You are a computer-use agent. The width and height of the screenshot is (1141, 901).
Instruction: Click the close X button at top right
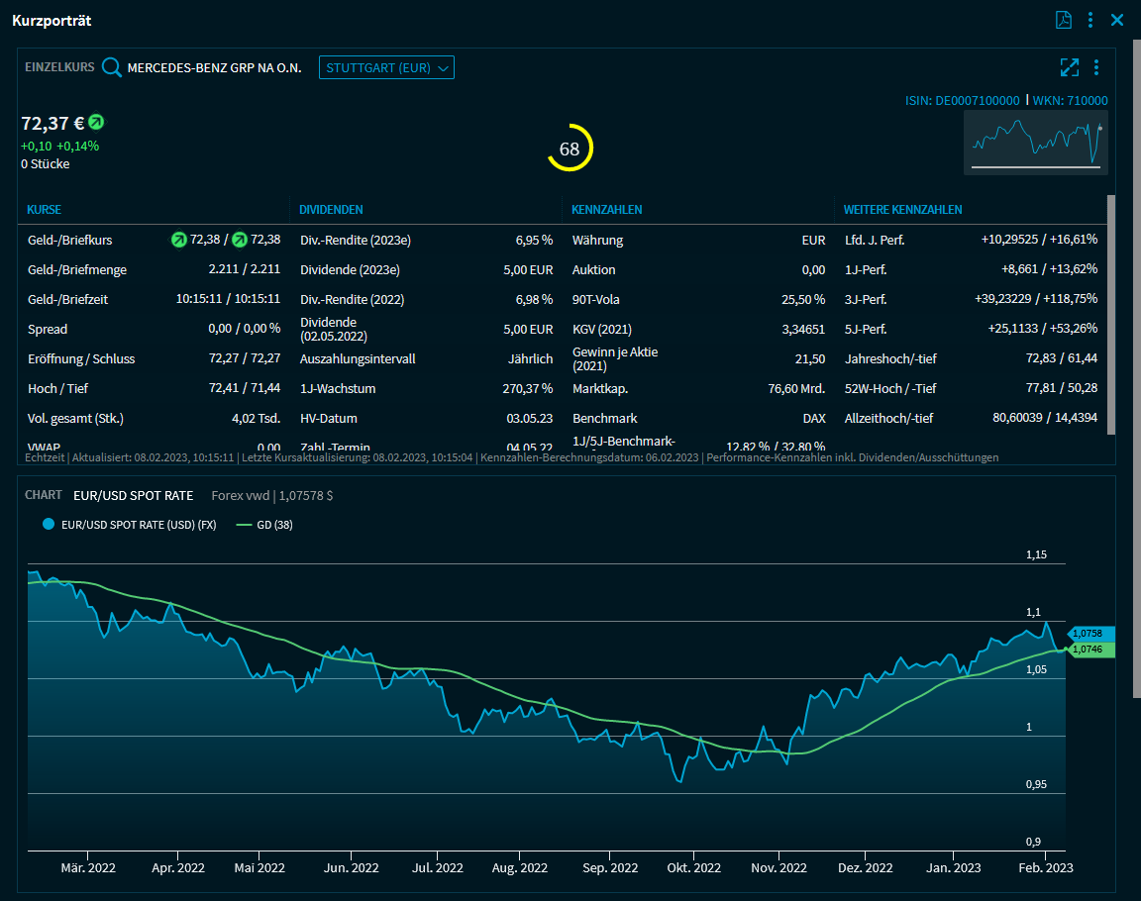pyautogui.click(x=1117, y=20)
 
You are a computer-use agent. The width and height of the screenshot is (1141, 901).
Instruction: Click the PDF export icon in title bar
pyautogui.click(x=1064, y=20)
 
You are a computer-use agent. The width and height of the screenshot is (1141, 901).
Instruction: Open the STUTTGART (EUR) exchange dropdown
pyautogui.click(x=386, y=67)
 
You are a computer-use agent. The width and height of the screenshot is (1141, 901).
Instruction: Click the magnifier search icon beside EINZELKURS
pyautogui.click(x=112, y=67)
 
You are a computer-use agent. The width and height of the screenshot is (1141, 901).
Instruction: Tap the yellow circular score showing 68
pyautogui.click(x=570, y=149)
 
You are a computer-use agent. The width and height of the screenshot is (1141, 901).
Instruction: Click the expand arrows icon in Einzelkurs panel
pyautogui.click(x=1069, y=67)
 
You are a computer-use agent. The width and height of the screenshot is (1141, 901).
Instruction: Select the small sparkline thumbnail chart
pyautogui.click(x=1036, y=143)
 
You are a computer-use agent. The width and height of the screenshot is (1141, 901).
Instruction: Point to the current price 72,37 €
pyautogui.click(x=52, y=124)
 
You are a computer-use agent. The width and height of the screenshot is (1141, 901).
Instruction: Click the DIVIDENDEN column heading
pyautogui.click(x=331, y=210)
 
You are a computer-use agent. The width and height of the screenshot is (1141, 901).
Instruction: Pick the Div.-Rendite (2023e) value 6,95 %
pyautogui.click(x=534, y=240)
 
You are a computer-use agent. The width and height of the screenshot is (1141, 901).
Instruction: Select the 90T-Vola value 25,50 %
pyautogui.click(x=804, y=299)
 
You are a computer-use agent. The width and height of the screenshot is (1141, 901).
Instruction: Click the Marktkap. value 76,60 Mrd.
pyautogui.click(x=796, y=388)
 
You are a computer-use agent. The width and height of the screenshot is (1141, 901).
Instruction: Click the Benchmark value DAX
pyautogui.click(x=813, y=418)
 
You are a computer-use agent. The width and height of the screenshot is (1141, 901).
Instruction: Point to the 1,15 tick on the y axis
pyautogui.click(x=1036, y=555)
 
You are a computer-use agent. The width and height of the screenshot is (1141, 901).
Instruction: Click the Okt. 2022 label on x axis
pyautogui.click(x=694, y=867)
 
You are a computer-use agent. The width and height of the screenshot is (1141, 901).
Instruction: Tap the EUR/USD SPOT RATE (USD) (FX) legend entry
pyautogui.click(x=130, y=525)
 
